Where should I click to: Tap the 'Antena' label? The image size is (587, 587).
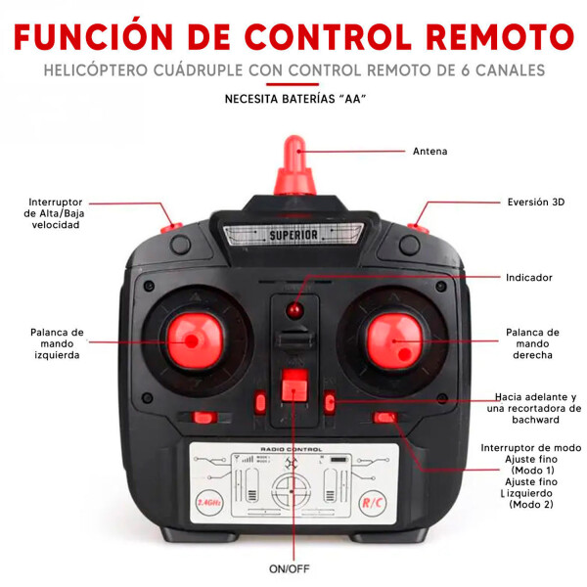pos(429,152)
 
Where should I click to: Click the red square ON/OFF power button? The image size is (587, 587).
pos(293,386)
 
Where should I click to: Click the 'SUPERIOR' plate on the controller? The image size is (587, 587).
pos(293,235)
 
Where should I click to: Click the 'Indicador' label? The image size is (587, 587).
pos(528,278)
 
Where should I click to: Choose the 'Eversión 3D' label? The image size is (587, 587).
pos(535,203)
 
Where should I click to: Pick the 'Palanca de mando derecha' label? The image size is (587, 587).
pos(532,343)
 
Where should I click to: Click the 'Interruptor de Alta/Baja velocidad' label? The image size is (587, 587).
pos(55,213)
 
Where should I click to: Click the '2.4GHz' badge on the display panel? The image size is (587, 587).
pos(209,502)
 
